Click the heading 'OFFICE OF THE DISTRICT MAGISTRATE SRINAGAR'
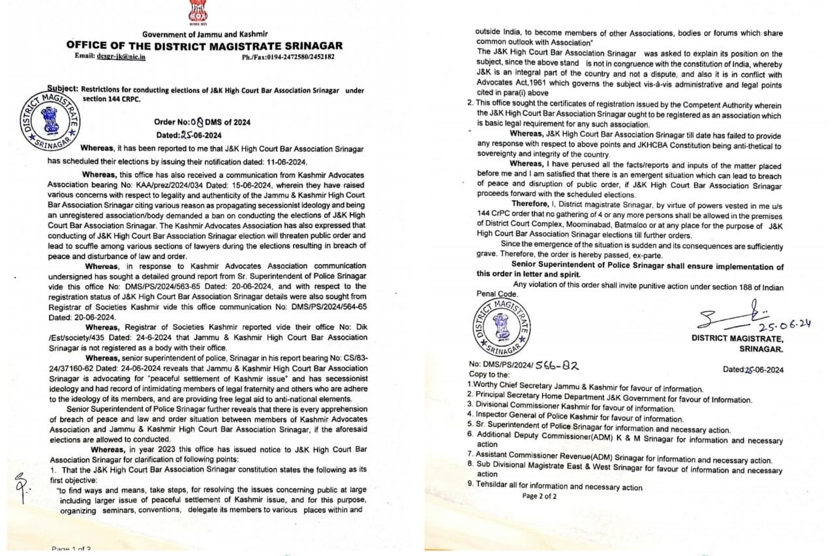(x=204, y=46)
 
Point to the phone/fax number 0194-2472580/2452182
(x=288, y=57)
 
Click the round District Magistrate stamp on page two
(x=502, y=325)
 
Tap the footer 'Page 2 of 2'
(x=539, y=495)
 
